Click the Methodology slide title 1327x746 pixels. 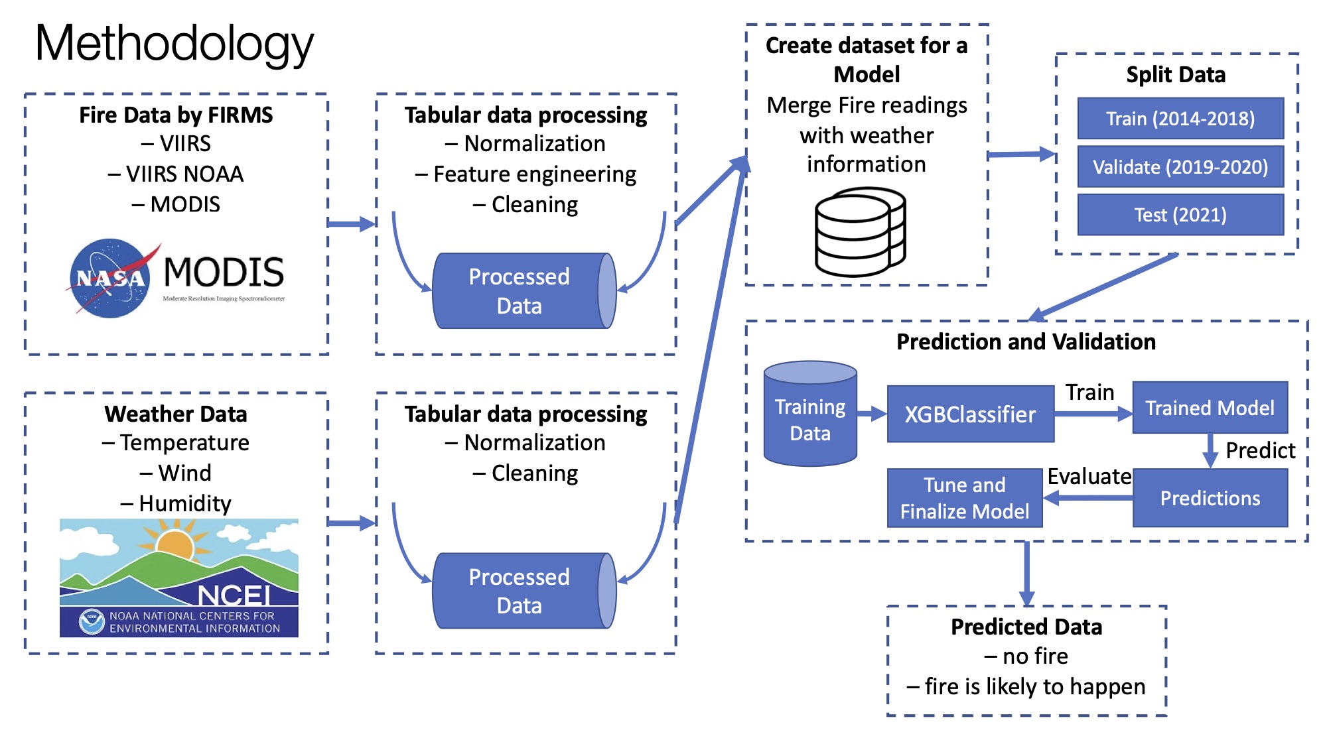174,44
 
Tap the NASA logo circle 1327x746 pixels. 110,278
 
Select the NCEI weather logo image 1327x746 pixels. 179,578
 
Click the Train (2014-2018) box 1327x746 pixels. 1180,119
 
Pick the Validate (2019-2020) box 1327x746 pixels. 1180,167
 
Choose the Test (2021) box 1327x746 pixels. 1180,215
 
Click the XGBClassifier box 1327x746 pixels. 970,414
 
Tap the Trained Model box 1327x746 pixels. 1210,408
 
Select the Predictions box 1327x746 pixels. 1210,498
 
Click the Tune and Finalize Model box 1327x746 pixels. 965,498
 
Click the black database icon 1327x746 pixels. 860,232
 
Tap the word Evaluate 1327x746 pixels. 1089,477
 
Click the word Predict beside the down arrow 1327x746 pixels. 1260,451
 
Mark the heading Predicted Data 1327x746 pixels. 1026,627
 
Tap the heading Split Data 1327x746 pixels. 1176,75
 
